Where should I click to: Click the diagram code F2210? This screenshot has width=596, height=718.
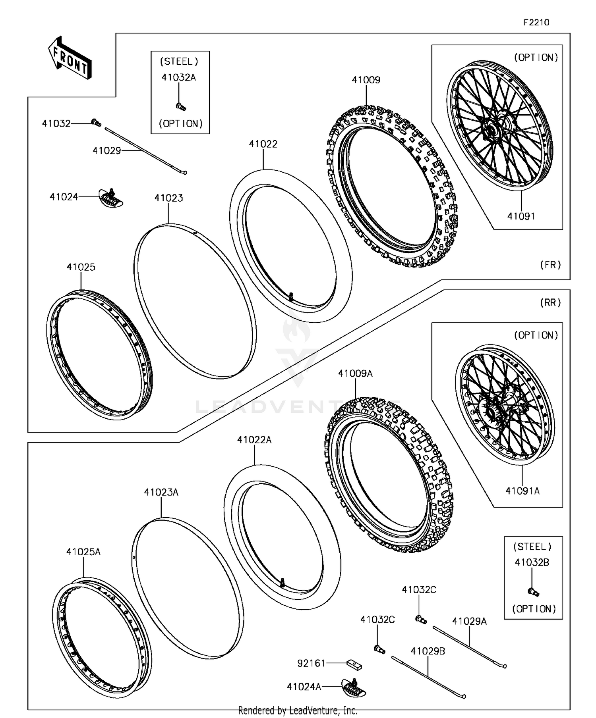[x=536, y=23]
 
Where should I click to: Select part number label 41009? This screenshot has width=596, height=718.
[x=366, y=80]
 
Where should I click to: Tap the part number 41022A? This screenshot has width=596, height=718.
[x=254, y=440]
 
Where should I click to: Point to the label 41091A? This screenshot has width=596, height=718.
[x=522, y=491]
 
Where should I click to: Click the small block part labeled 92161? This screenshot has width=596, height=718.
[x=354, y=664]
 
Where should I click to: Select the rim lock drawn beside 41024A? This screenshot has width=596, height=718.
[x=354, y=687]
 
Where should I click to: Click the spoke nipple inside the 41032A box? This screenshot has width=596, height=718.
[x=181, y=106]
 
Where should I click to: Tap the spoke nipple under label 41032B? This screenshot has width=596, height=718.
[x=533, y=592]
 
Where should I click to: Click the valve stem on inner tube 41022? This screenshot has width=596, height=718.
[x=291, y=296]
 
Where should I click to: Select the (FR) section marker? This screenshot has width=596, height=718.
[x=550, y=265]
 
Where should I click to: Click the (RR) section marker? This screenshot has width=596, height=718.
[x=550, y=302]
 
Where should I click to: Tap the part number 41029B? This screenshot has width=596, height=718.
[x=428, y=651]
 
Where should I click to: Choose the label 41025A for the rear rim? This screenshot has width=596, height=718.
[x=83, y=552]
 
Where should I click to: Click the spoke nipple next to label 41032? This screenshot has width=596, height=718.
[x=95, y=123]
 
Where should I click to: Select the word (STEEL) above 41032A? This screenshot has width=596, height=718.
[x=179, y=62]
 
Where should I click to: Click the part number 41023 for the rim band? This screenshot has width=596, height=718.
[x=168, y=198]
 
